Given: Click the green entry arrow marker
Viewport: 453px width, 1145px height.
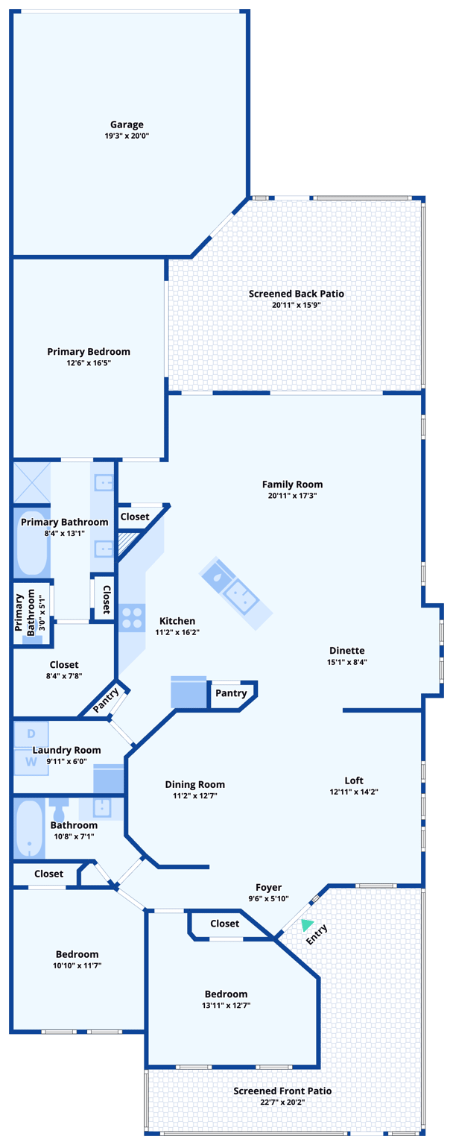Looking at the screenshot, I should (306, 925).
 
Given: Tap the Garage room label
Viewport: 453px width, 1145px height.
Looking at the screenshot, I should (127, 124).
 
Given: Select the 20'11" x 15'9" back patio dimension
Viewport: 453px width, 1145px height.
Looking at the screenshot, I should (296, 305).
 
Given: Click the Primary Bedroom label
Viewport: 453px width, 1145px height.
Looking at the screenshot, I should (89, 351).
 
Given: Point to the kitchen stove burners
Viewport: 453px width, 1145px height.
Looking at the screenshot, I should (132, 617).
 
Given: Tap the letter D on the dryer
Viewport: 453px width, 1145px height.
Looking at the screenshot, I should (31, 734).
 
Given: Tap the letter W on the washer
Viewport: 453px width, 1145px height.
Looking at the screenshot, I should (31, 762).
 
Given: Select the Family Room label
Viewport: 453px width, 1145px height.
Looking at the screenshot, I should (292, 484).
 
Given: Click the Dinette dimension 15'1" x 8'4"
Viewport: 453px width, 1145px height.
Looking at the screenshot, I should (346, 662).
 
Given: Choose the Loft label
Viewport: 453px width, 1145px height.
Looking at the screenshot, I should (354, 780).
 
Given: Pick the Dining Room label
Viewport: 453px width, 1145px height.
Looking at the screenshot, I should (194, 784).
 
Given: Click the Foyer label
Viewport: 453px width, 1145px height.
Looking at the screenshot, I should (268, 887).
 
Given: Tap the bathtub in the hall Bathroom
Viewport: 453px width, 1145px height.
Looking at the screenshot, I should (30, 829).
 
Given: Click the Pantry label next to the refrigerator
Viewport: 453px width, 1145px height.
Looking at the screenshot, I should (231, 693).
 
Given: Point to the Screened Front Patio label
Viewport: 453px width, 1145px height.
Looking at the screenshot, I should (282, 1091).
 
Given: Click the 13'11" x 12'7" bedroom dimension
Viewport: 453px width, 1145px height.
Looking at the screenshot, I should (226, 1005).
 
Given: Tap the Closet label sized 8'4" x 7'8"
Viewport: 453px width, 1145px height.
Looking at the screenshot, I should (64, 664).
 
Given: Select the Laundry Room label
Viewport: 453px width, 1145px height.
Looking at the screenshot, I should (66, 750).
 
